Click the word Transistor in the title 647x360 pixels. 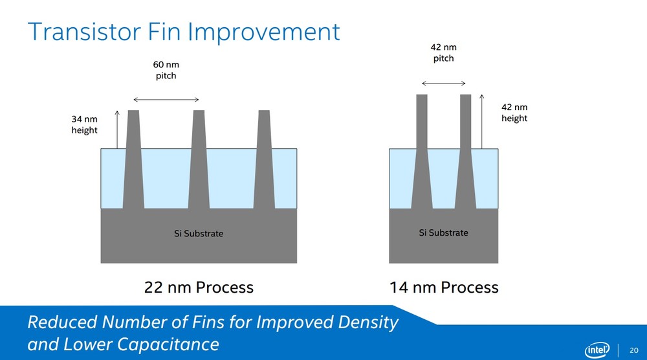coord(85,31)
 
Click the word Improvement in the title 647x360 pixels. coord(265,32)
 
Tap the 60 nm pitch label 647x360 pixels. coord(166,70)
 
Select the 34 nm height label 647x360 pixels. coord(85,124)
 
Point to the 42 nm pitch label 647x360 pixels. coord(444,52)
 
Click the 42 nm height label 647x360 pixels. coord(514,112)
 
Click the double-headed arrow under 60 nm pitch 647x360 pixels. coord(166,100)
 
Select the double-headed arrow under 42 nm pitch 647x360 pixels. coord(444,84)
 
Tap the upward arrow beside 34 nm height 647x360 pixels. coord(117,129)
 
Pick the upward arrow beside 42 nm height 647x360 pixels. coord(481,121)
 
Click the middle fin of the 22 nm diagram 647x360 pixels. coord(199,159)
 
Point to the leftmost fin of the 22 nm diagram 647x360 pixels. coord(134,159)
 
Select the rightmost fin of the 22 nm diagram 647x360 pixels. coord(264,159)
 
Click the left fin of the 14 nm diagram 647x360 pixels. coord(422,152)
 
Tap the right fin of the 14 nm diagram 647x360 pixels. coord(465,152)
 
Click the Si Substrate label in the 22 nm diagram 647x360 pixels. coord(199,234)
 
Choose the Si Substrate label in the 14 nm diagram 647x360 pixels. coord(444,233)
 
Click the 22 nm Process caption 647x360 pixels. coord(199,287)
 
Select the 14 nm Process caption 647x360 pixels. coord(444,287)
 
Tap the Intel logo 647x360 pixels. coord(597,350)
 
